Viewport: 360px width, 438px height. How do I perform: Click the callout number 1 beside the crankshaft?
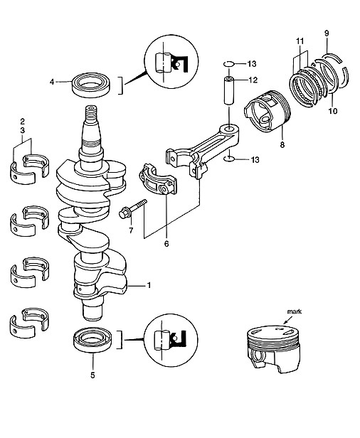point(149,285)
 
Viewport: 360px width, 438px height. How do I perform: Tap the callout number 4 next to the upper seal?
point(52,82)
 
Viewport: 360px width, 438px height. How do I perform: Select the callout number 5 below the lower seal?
point(92,375)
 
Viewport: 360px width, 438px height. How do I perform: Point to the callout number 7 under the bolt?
point(131,230)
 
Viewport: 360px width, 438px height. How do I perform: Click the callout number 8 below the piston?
point(282,145)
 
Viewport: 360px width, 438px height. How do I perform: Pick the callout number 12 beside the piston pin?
point(253,80)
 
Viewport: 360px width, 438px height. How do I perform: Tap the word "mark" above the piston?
point(295,311)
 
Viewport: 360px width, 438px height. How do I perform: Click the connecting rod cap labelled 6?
point(158,180)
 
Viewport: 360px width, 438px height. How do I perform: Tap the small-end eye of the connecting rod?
point(229,129)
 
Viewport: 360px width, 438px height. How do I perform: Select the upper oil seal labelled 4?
point(92,85)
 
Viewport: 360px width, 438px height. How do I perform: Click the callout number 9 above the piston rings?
point(327,33)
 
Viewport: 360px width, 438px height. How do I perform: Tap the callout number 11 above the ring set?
point(300,41)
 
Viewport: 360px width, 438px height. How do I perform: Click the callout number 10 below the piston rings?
point(333,111)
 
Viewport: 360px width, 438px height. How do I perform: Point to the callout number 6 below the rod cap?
point(166,244)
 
